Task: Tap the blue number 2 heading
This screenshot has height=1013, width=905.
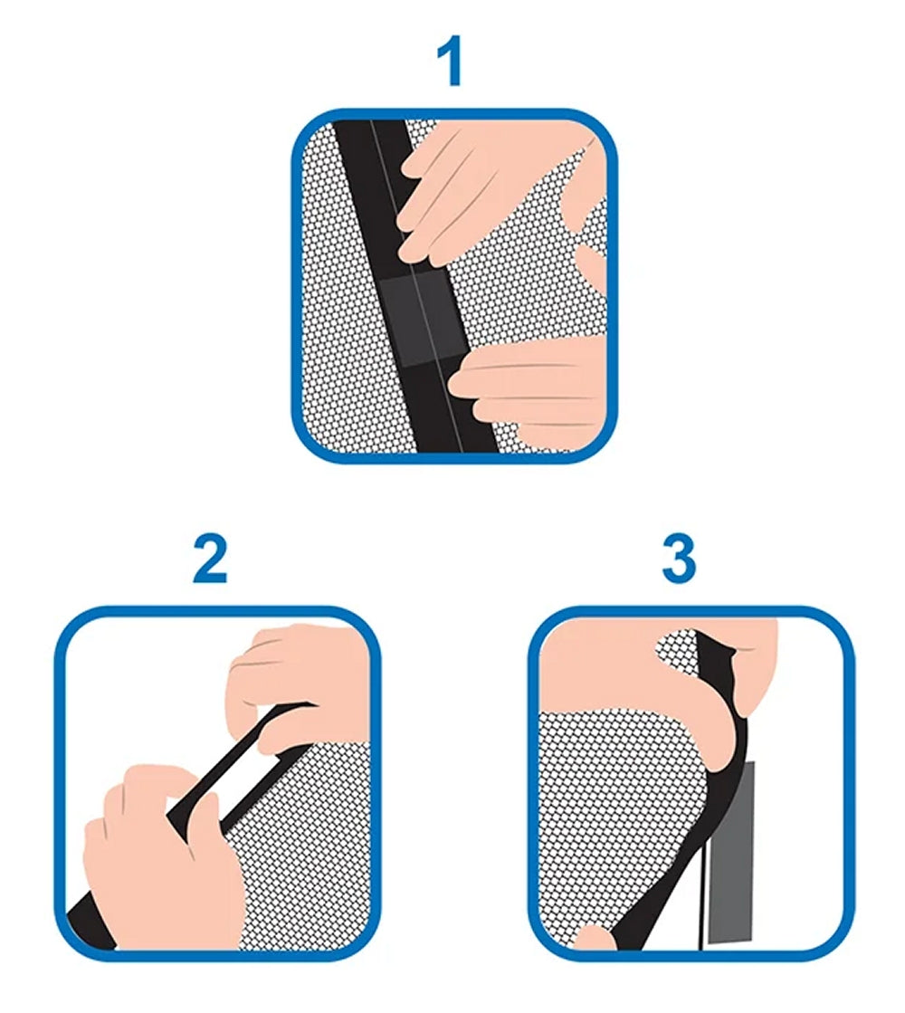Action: point(211,559)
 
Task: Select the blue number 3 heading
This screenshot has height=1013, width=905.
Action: point(679,559)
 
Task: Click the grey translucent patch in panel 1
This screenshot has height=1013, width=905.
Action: point(424,317)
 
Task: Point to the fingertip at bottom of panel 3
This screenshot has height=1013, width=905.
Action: point(595,938)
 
